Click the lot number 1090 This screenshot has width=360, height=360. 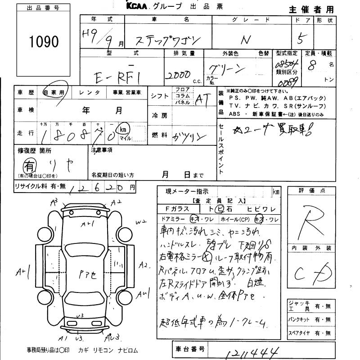[x=44, y=42]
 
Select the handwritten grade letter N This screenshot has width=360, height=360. [x=245, y=40]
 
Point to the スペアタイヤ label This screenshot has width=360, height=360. [x=301, y=333]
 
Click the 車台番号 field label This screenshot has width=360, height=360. [x=190, y=349]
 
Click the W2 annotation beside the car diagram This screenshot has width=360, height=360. [x=141, y=221]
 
